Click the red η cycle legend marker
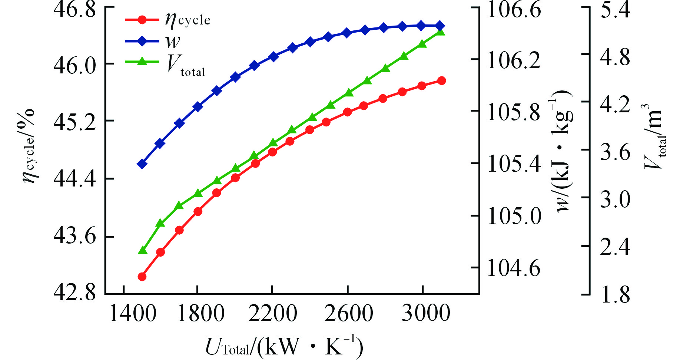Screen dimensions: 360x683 tap(142, 19)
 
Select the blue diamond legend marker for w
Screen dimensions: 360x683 tap(142, 41)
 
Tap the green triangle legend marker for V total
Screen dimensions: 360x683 tap(142, 62)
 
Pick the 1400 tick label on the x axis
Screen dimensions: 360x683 tap(132, 314)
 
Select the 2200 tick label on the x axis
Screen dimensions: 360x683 tap(272, 314)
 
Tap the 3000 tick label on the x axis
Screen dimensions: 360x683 tap(426, 314)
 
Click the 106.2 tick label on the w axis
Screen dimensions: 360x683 tap(514, 61)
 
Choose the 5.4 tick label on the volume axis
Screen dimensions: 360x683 tap(615, 10)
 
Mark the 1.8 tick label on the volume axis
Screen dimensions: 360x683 tap(615, 295)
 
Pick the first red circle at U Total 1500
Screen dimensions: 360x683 tap(142, 277)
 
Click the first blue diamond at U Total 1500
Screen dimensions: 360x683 tap(142, 164)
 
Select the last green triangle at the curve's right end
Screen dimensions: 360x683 tap(440, 32)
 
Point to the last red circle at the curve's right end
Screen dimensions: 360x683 tap(441, 81)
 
